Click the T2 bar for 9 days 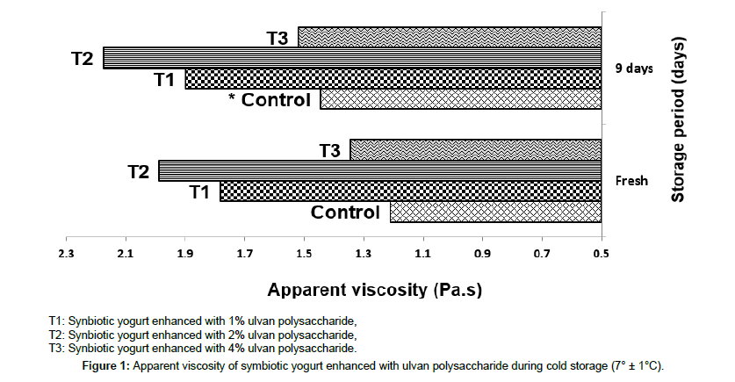[x=351, y=58]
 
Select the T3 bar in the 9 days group [x=450, y=37]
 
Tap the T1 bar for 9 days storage [x=393, y=79]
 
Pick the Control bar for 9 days [x=460, y=99]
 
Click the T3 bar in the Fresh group [x=475, y=149]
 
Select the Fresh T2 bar [x=379, y=170]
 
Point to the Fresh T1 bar [x=410, y=191]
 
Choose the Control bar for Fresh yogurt [x=495, y=212]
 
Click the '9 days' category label [x=633, y=68]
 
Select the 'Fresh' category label [x=631, y=181]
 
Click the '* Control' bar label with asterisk [x=269, y=100]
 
